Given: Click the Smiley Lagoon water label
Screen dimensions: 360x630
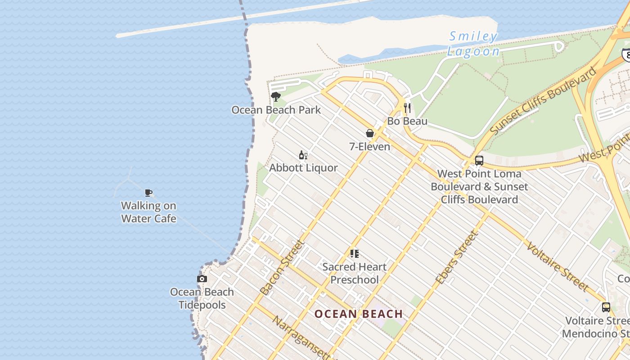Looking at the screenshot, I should point(473,44).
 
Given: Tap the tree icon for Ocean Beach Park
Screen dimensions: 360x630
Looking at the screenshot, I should point(276,97).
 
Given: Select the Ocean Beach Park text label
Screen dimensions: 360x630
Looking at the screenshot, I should point(276,110).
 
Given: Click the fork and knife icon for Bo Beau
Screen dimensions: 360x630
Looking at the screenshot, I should point(407,108).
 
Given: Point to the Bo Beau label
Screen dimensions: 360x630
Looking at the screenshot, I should point(407,121).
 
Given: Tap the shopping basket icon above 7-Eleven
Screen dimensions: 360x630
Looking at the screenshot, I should point(369,133).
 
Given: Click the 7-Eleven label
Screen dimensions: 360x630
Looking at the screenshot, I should point(369,146).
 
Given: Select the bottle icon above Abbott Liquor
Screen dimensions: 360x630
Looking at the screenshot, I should point(303,155).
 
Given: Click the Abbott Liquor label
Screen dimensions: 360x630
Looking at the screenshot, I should point(303,168).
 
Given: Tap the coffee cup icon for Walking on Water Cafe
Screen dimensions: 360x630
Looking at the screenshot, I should point(148,193).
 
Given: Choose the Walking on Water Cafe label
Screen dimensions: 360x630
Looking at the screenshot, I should point(148,212).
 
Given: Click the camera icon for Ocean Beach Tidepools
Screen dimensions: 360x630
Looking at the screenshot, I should point(202,279).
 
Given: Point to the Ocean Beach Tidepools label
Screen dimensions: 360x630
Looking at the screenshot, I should point(202,298).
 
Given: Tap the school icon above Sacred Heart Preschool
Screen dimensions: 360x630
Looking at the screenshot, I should point(355,254).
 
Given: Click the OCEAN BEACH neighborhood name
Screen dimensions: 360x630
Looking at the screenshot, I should point(358,314).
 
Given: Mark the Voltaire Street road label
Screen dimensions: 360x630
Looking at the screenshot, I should point(557,266).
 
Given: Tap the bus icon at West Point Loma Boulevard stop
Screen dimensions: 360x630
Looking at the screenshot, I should point(479,161).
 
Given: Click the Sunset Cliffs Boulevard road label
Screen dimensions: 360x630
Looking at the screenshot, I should point(543,100).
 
